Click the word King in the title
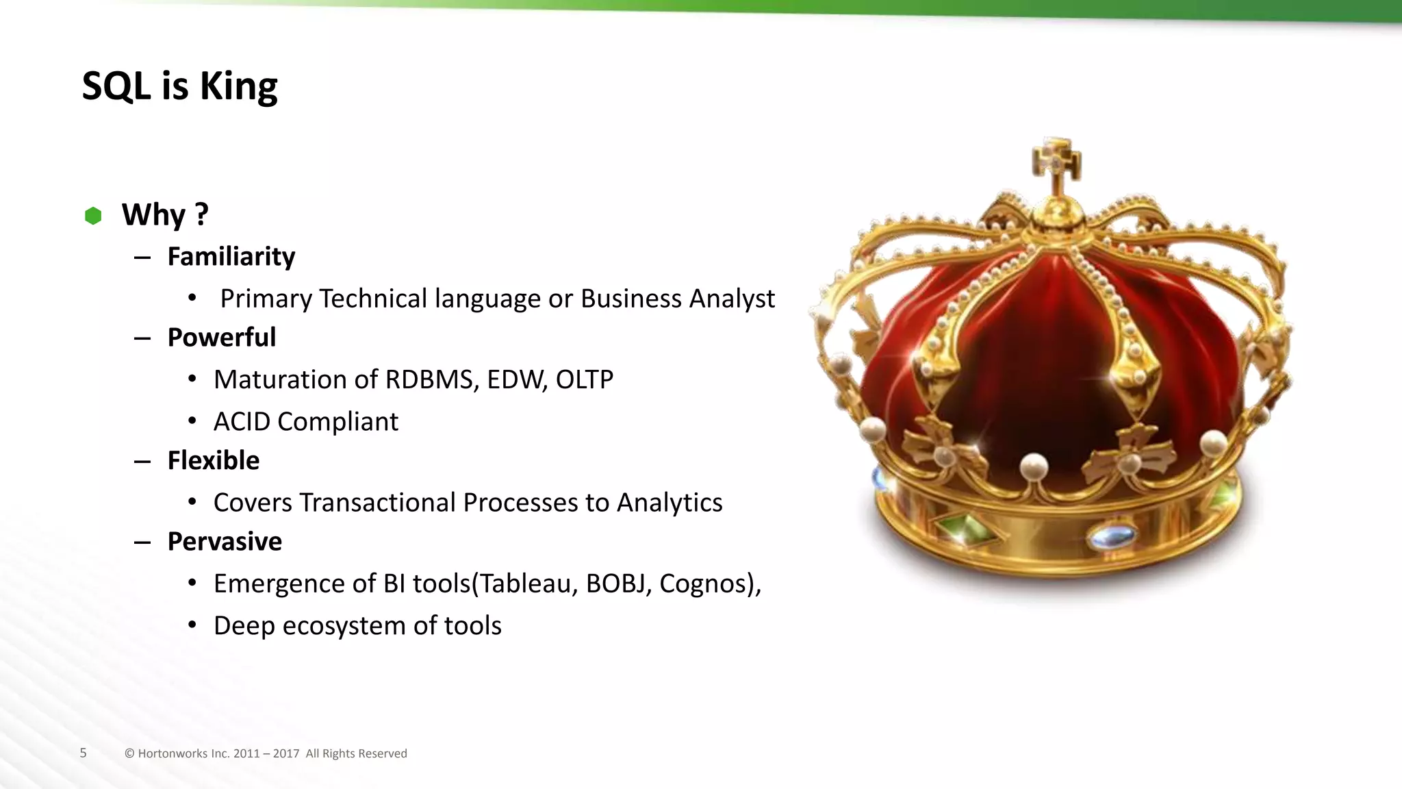(x=238, y=87)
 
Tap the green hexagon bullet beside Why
(x=93, y=216)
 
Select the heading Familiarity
(x=231, y=256)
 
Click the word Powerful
(x=222, y=337)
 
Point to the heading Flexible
(x=214, y=460)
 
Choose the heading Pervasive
(x=225, y=541)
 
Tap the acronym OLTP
(x=584, y=379)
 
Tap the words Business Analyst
(x=678, y=299)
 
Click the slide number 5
(x=84, y=753)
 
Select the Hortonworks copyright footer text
(x=266, y=753)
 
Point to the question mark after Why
(x=201, y=214)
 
